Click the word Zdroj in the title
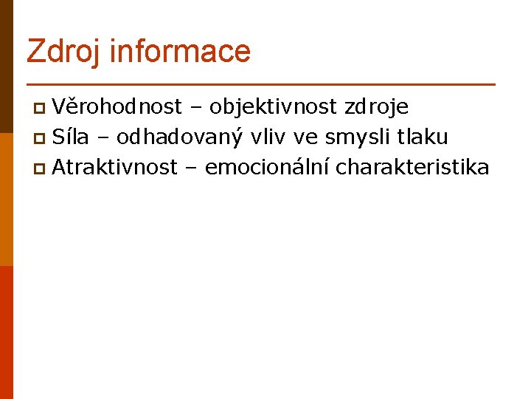point(64,52)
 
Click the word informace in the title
point(180,51)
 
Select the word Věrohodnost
point(117,107)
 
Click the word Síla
point(70,137)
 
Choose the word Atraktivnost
point(115,167)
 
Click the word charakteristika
point(412,167)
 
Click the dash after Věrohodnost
point(195,109)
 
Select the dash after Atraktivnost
point(191,168)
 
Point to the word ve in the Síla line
point(305,137)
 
